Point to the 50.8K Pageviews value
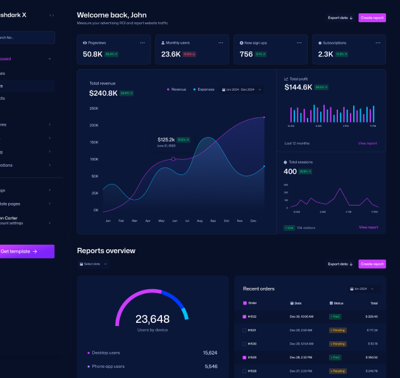(x=92, y=55)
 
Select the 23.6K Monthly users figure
(x=171, y=55)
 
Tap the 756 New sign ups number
(x=246, y=55)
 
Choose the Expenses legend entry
(x=205, y=89)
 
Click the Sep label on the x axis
(x=213, y=221)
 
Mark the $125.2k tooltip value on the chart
(x=166, y=140)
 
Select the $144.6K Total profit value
(x=298, y=88)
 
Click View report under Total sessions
(x=368, y=227)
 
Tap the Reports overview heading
(x=106, y=251)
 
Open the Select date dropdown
(x=93, y=264)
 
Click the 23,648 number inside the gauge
(x=153, y=319)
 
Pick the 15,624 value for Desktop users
(x=210, y=353)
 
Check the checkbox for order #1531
(x=245, y=330)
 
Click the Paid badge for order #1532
(x=335, y=316)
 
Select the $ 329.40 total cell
(x=371, y=316)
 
